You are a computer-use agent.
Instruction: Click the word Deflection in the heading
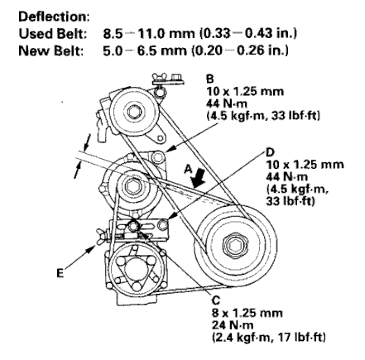tap(52, 17)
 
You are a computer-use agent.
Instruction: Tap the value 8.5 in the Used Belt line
tap(113, 34)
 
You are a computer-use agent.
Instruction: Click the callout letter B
tap(210, 79)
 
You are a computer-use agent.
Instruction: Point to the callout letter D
tap(270, 152)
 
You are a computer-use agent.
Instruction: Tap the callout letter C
tap(216, 300)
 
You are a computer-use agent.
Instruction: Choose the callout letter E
tap(60, 273)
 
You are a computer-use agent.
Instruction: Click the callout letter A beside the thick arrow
tap(188, 169)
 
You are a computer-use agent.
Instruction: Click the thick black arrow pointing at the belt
tap(199, 178)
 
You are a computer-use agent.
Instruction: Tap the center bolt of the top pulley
tap(135, 112)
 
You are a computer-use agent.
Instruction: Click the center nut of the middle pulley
tap(133, 187)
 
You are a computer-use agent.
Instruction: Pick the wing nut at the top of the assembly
tap(159, 77)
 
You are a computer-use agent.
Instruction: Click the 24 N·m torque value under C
tap(233, 325)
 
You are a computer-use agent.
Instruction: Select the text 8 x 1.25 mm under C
tap(247, 313)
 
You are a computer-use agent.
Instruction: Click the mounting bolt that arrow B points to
tap(157, 156)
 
